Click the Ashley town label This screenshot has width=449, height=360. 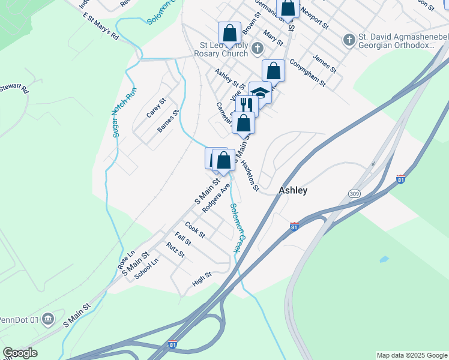coord(293,190)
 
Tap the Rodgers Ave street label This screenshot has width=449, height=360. coord(216,198)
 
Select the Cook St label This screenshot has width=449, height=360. coord(195,229)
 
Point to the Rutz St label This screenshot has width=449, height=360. coord(176,250)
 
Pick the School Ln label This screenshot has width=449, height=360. coord(146,269)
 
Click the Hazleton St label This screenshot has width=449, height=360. coord(251,175)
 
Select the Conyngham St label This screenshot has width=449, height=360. coord(307,72)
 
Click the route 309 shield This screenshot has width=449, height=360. coord(355,193)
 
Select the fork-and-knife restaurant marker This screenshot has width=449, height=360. coord(246,104)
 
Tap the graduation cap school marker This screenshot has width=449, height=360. coord(259,92)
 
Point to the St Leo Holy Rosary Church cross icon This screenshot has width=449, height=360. coord(257,48)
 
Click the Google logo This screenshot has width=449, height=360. coord(20,353)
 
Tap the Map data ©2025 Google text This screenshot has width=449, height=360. coord(411,355)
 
